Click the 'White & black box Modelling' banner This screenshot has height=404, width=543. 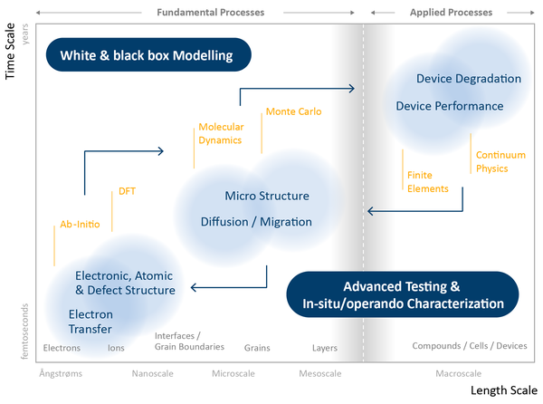148,54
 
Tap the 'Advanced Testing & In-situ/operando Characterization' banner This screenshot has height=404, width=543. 403,294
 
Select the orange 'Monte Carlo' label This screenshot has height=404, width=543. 293,111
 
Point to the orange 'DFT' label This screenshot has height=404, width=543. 127,191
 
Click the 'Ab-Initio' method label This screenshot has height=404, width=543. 80,224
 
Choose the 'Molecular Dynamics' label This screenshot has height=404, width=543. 221,133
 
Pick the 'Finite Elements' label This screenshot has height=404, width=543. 428,182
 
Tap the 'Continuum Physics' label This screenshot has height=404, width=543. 500,161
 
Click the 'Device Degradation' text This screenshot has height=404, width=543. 469,79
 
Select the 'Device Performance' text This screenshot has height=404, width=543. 450,106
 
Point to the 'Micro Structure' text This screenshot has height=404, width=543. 267,196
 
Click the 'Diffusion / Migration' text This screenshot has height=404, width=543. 256,222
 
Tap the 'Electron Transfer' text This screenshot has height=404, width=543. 90,322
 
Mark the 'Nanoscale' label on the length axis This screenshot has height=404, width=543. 152,373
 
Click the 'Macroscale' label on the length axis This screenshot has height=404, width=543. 459,373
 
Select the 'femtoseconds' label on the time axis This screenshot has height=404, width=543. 24,332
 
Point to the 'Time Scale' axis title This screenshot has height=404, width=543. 10,52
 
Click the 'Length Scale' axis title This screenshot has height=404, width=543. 504,390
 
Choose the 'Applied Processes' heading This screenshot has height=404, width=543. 451,13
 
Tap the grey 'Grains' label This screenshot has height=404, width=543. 257,348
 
